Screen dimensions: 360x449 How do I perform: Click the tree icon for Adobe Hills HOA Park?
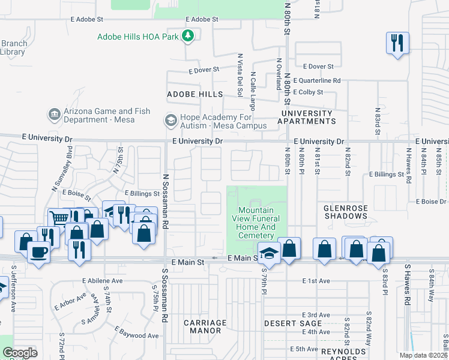[188, 36]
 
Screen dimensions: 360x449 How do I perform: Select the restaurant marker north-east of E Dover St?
[397, 43]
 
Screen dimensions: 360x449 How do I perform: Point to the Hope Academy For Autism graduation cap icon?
[170, 121]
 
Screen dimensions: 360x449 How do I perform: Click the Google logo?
[20, 353]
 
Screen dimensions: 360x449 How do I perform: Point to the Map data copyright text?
[424, 355]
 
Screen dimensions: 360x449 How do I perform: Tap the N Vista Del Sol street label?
[240, 76]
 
